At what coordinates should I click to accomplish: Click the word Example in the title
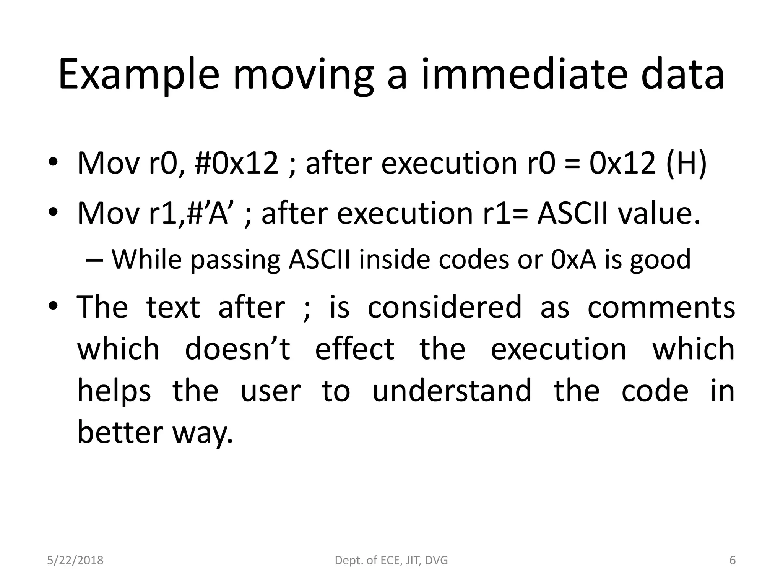pyautogui.click(x=138, y=75)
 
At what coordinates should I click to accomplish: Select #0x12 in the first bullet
pyautogui.click(x=236, y=163)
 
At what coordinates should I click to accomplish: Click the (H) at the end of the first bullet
pyautogui.click(x=686, y=163)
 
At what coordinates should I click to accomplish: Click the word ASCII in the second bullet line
pyautogui.click(x=572, y=213)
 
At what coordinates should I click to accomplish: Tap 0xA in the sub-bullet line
pyautogui.click(x=573, y=259)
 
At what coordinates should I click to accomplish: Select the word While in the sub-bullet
pyautogui.click(x=146, y=259)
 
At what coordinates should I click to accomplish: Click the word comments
pyautogui.click(x=661, y=307)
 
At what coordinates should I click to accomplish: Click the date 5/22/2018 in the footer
pyautogui.click(x=75, y=560)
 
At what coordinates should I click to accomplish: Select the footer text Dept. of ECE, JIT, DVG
pyautogui.click(x=391, y=560)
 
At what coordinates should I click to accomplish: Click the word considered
pyautogui.click(x=444, y=307)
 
